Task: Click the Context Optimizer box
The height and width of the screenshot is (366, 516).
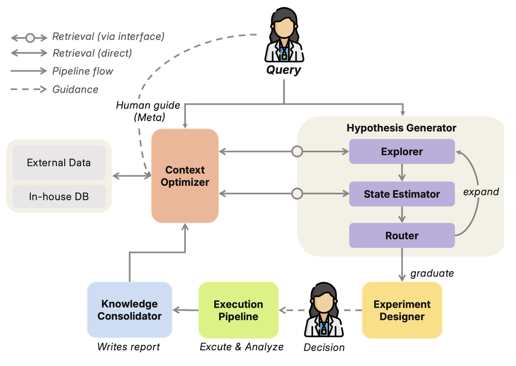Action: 185,176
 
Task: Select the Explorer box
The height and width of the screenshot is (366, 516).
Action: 402,152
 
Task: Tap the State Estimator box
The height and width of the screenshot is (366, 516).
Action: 402,194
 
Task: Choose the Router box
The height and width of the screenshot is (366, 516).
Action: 402,235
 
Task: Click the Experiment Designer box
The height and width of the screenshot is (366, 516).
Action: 402,310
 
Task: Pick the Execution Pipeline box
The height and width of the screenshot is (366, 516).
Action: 239,310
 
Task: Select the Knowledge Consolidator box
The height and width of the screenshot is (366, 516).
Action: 130,310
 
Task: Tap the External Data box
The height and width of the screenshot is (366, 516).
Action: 59,162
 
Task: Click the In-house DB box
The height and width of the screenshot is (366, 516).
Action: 59,196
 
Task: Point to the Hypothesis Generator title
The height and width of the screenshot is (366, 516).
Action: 401,128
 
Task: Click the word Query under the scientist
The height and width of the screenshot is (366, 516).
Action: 284,70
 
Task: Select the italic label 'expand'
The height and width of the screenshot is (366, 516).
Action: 481,192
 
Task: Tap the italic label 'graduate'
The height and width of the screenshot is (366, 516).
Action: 432,273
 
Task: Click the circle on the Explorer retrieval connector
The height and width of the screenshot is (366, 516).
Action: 297,152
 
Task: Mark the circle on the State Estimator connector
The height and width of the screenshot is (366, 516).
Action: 297,193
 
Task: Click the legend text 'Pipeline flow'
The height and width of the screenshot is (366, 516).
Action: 83,71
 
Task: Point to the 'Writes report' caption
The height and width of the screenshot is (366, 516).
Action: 128,347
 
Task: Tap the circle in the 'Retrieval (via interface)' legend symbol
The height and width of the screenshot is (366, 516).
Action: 30,38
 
